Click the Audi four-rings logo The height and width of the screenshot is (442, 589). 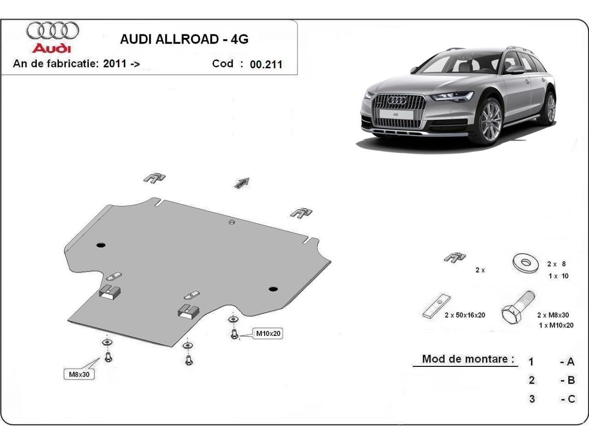click(53, 30)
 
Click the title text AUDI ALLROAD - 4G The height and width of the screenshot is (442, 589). click(184, 39)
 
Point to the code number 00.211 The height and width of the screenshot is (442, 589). click(266, 64)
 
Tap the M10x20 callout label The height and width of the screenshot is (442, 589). click(268, 334)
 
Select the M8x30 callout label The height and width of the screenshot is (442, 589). click(79, 375)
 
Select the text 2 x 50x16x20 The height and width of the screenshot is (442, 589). click(465, 315)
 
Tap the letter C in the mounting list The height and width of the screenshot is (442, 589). click(571, 399)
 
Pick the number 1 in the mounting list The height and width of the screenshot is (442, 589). click(531, 362)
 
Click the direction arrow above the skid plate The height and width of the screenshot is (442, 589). click(242, 183)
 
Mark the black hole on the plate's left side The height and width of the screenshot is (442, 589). click(101, 245)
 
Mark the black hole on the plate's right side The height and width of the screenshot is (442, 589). click(273, 288)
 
